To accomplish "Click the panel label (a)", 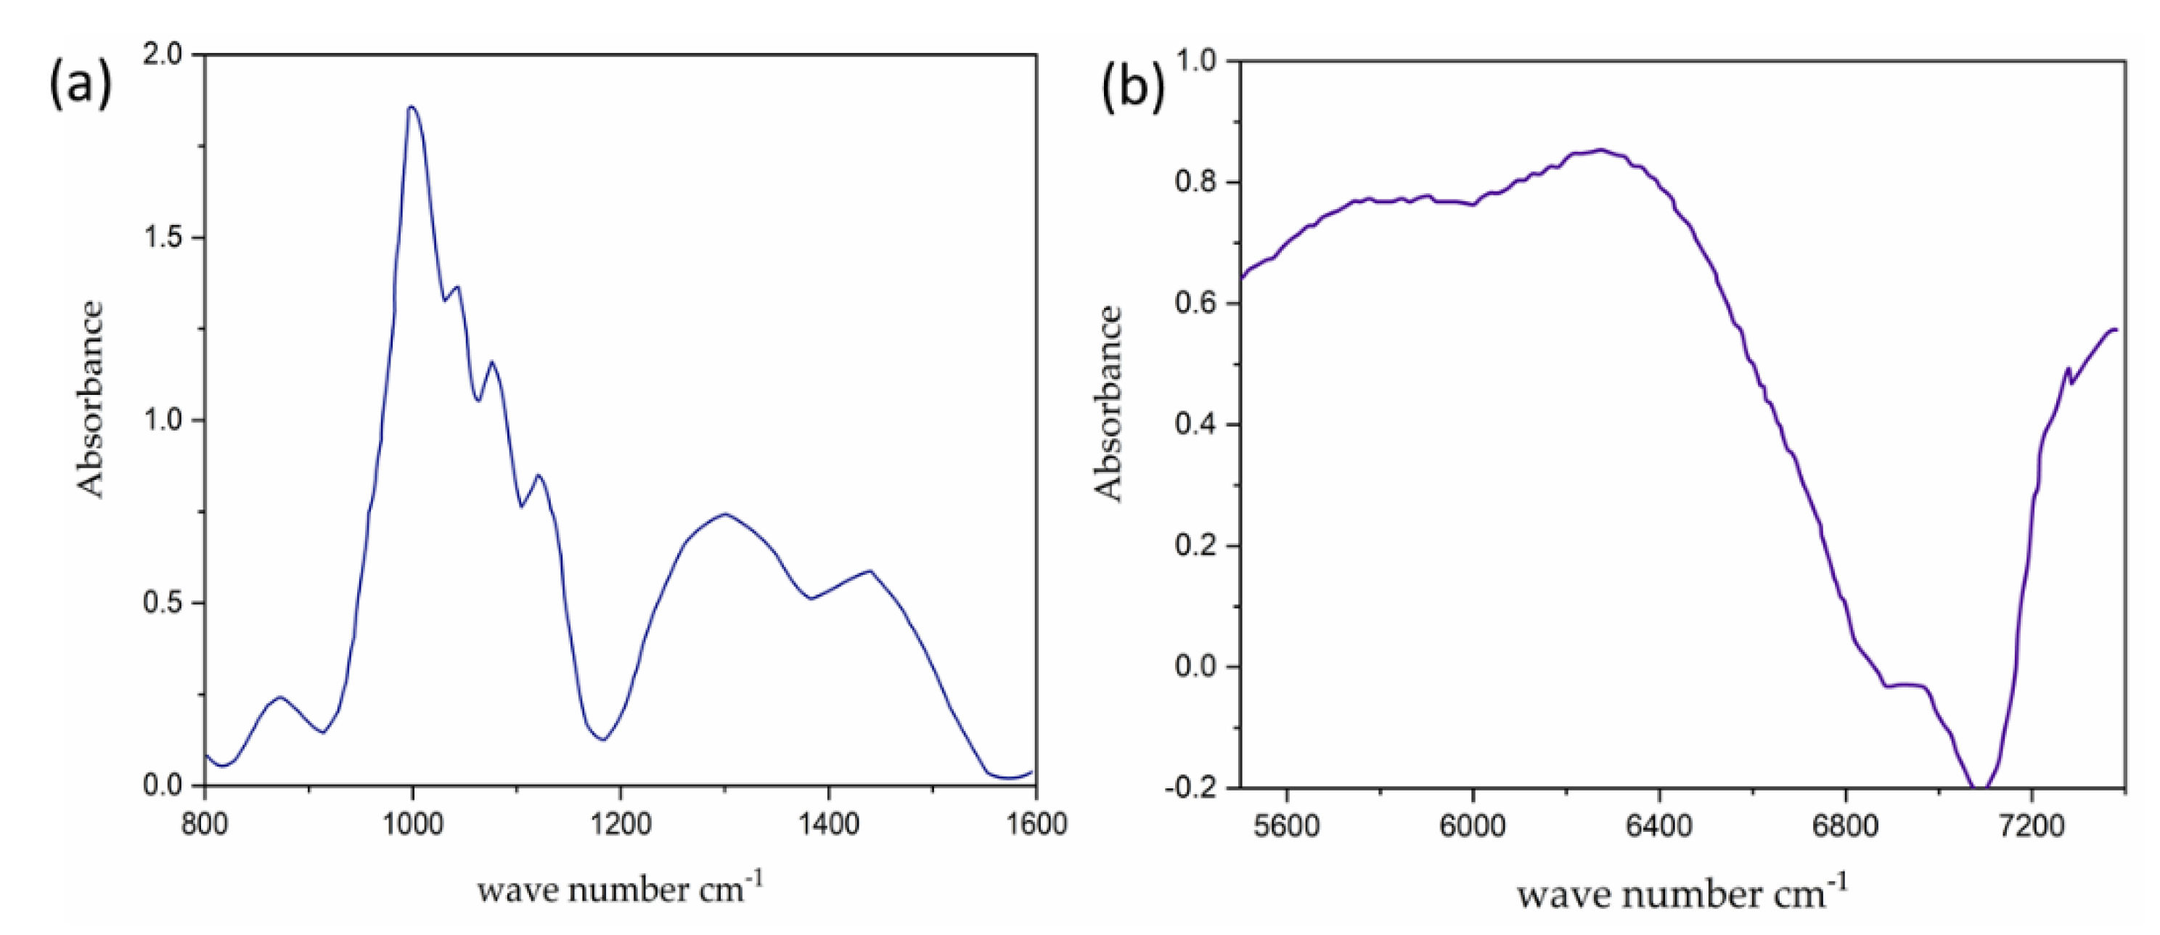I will pos(81,86).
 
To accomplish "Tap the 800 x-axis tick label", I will pos(205,825).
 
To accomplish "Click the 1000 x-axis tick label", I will pos(412,825).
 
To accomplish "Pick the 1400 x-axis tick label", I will pos(828,825).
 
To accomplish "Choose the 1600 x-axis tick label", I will pos(1036,825).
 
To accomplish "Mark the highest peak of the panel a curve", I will pos(412,107).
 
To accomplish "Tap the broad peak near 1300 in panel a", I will pos(725,514).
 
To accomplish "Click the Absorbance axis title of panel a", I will pos(91,399).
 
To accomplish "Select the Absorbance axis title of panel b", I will pos(1108,404).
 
